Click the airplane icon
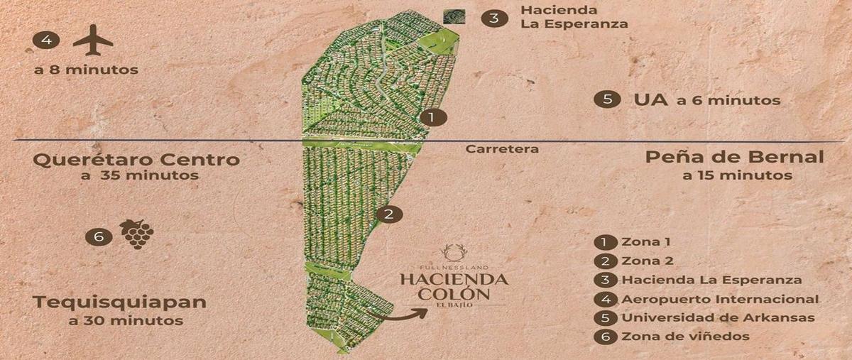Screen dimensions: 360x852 (x=92, y=40)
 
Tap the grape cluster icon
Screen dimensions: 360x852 (x=136, y=234)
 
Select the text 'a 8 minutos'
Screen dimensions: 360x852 (x=86, y=70)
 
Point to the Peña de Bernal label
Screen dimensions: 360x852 (x=734, y=157)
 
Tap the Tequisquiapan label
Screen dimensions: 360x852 (x=120, y=302)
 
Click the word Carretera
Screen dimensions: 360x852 (x=502, y=149)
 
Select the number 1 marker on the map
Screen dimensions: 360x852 (x=432, y=117)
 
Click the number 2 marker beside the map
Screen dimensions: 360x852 (x=388, y=214)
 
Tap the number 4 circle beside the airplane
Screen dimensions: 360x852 (x=46, y=40)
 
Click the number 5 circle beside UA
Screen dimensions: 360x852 (x=606, y=99)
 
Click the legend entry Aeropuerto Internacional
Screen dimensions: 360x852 (x=719, y=300)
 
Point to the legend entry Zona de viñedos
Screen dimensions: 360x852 (x=684, y=337)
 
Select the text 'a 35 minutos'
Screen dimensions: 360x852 (x=139, y=175)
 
